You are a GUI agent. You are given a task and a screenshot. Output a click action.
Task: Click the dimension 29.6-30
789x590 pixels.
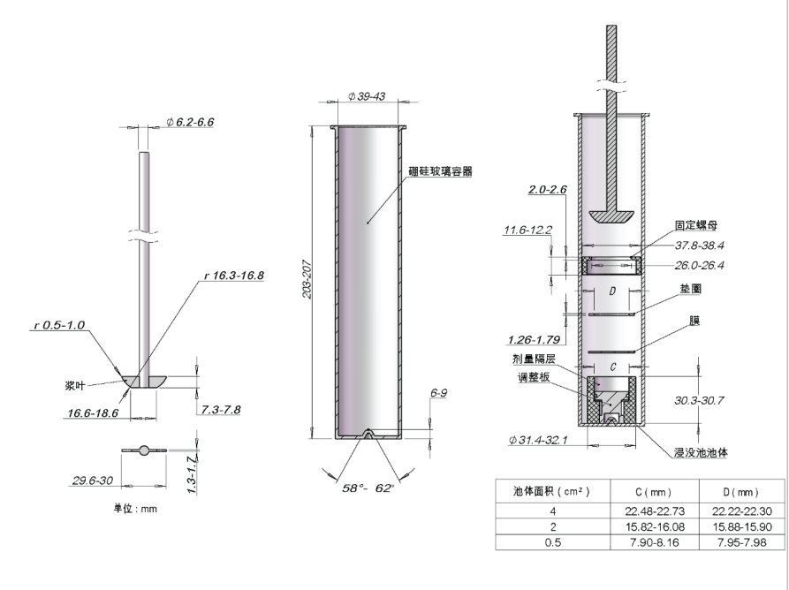(92, 480)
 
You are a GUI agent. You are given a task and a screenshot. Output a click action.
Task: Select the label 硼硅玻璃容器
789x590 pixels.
(439, 172)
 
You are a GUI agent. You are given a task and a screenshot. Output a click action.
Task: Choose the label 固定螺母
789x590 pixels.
(695, 225)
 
